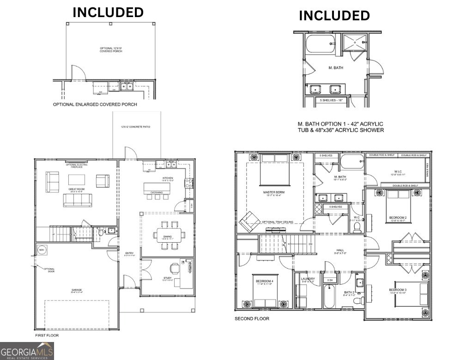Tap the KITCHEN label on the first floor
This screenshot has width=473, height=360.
tap(167, 178)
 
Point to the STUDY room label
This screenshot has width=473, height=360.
tap(167, 278)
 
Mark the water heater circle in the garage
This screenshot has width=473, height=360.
tap(42, 250)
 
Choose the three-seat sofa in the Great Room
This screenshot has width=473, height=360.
tap(78, 200)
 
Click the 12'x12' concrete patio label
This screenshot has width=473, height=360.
tap(136, 126)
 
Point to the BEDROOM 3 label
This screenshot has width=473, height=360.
tap(397, 290)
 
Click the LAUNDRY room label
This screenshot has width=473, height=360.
tap(308, 279)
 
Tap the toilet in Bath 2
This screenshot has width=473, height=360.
tap(357, 300)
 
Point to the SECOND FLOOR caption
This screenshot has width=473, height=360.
tap(252, 318)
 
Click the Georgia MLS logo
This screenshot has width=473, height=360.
tap(27, 351)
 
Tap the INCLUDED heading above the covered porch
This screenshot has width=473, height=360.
tap(108, 12)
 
